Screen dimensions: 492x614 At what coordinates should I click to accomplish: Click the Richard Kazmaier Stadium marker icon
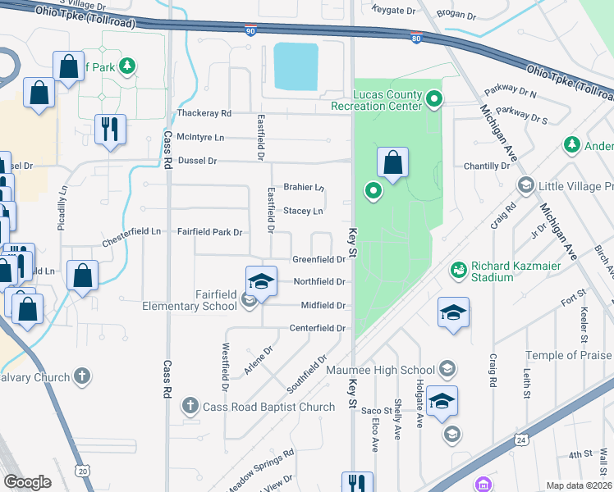click(459, 269)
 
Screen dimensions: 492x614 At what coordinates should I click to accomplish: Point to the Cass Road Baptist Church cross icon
click(190, 405)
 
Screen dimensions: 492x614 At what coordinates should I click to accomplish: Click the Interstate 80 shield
click(417, 37)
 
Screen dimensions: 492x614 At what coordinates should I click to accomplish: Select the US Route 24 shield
click(520, 440)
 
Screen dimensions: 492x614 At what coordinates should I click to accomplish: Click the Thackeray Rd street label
click(204, 113)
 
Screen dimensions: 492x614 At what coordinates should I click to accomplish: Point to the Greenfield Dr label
click(318, 259)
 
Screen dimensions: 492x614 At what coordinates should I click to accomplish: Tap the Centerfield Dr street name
click(316, 328)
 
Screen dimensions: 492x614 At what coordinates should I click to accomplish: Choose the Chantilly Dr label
click(487, 166)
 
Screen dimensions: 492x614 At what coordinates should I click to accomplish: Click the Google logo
click(27, 481)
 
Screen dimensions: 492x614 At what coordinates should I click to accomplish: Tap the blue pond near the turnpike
click(296, 66)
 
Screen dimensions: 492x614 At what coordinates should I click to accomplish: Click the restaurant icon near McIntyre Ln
click(108, 129)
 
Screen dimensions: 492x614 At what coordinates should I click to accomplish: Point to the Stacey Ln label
click(303, 211)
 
